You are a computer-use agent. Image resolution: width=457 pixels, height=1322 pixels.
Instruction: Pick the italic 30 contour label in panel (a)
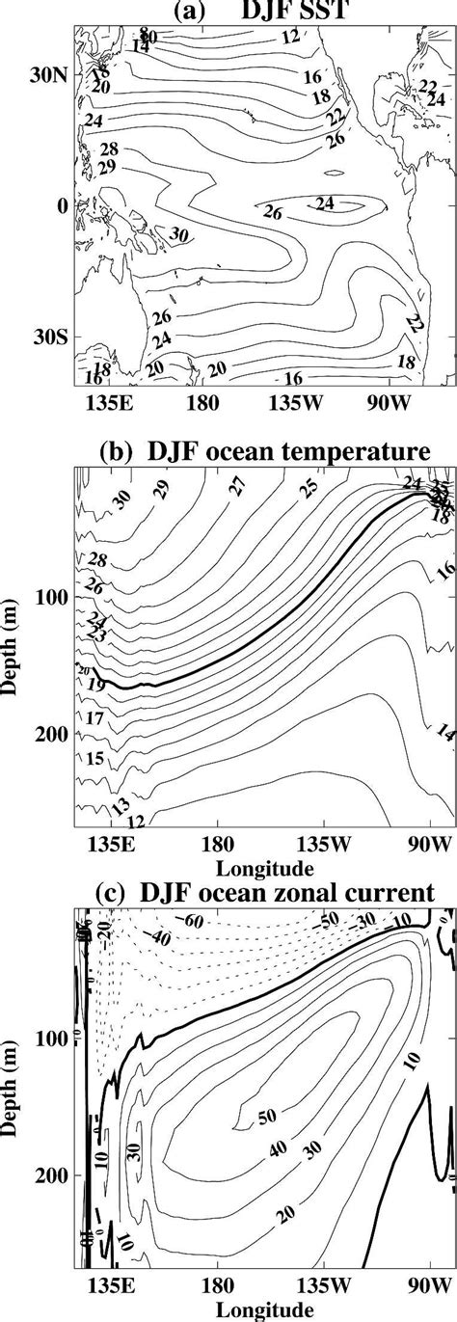tap(178, 234)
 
